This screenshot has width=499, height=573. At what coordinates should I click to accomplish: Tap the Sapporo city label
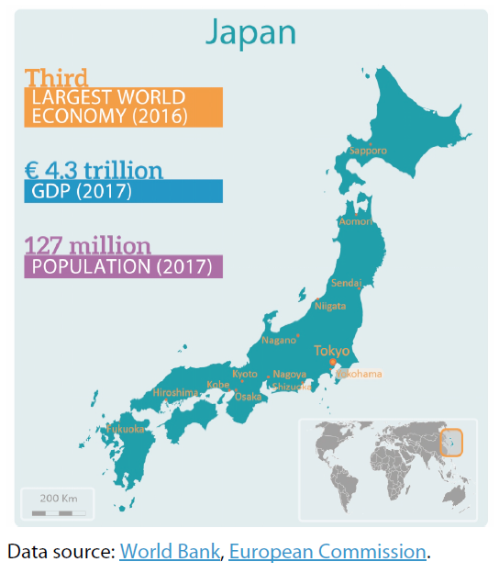click(x=368, y=150)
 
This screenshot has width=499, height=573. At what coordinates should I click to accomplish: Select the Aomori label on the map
click(x=357, y=221)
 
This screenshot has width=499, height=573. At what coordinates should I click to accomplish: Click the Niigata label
click(x=330, y=306)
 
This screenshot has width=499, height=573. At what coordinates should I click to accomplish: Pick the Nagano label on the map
click(x=279, y=340)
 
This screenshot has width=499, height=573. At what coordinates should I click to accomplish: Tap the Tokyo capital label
click(x=331, y=351)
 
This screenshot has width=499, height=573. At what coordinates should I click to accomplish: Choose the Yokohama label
click(x=359, y=374)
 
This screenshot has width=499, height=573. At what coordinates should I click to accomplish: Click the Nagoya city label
click(x=290, y=375)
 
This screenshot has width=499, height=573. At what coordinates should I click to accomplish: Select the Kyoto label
click(x=245, y=374)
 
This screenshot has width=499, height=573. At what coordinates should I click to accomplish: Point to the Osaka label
click(x=249, y=397)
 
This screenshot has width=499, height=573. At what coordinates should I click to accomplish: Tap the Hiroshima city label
click(x=175, y=393)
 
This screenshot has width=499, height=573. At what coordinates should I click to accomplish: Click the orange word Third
click(x=57, y=77)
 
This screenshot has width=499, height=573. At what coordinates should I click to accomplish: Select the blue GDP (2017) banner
click(x=123, y=191)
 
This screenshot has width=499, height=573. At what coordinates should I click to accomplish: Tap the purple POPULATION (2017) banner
click(x=123, y=267)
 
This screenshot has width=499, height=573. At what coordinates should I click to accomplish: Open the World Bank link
click(x=170, y=552)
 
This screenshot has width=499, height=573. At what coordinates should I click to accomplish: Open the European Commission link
click(x=327, y=552)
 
